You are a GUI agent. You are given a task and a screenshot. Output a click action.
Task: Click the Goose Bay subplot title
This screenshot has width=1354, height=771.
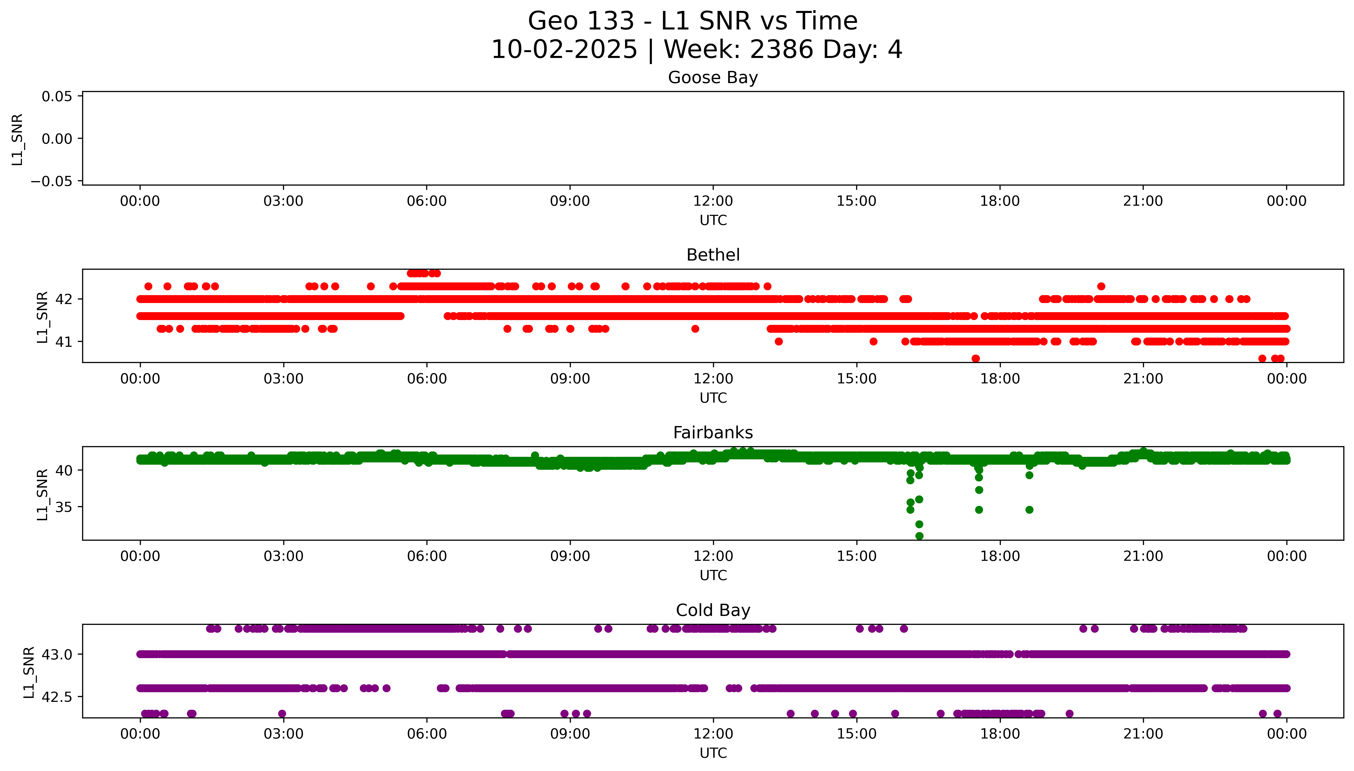[x=713, y=78]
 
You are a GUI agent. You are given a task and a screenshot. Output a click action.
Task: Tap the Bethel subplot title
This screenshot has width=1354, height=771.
[x=713, y=255]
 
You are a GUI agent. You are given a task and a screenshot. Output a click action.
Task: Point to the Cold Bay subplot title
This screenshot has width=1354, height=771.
[x=713, y=611]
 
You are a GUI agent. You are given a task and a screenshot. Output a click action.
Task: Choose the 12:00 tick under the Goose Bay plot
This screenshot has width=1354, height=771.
[x=713, y=201]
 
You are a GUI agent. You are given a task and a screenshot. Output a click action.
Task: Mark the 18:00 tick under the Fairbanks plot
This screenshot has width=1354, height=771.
[x=1000, y=556]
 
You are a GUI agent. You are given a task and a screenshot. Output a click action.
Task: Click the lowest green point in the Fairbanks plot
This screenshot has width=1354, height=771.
[x=919, y=536]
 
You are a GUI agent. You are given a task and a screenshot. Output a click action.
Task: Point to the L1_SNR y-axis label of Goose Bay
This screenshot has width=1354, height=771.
[x=18, y=139]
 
